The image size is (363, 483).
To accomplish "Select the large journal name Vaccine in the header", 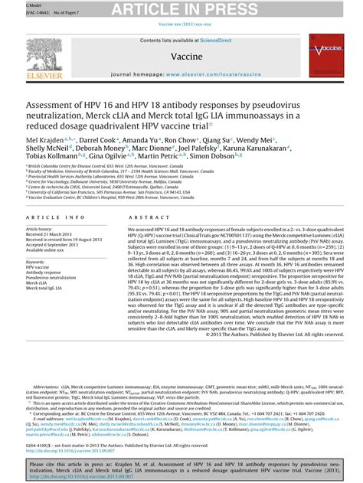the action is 181,57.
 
